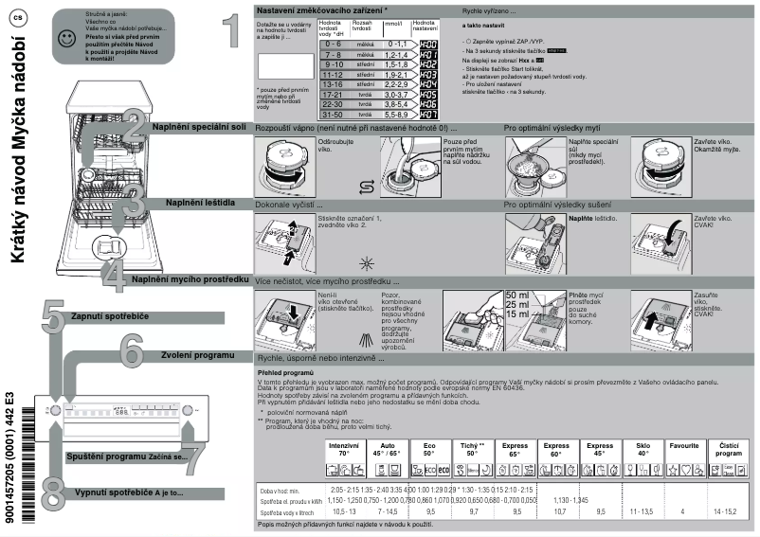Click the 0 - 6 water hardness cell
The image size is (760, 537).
click(332, 45)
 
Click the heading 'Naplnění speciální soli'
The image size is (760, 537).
click(206, 127)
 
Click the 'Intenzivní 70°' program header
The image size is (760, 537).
click(343, 449)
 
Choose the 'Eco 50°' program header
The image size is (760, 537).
click(429, 449)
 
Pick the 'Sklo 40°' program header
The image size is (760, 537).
click(642, 449)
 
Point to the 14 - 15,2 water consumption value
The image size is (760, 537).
click(728, 510)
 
